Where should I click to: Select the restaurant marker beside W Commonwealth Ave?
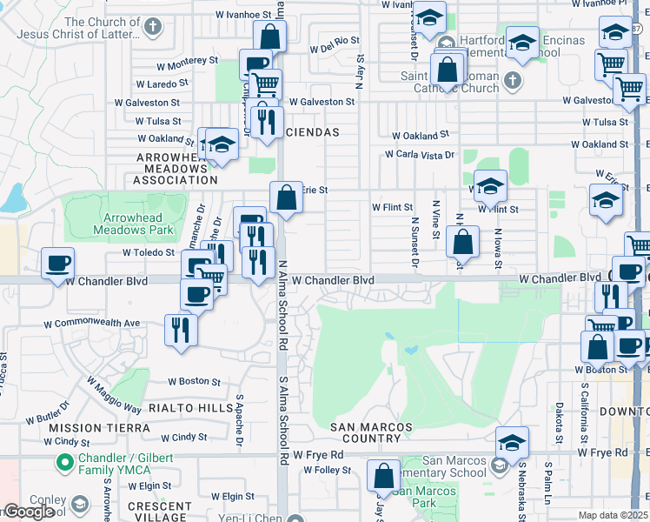tap(181, 331)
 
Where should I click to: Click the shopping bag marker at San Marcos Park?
tap(382, 478)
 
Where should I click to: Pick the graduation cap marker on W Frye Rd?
tap(512, 444)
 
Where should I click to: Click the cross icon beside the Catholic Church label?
tap(512, 81)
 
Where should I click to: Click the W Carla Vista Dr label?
tap(421, 155)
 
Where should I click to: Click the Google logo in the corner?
tap(28, 512)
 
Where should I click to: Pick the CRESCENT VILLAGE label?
tap(159, 512)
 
